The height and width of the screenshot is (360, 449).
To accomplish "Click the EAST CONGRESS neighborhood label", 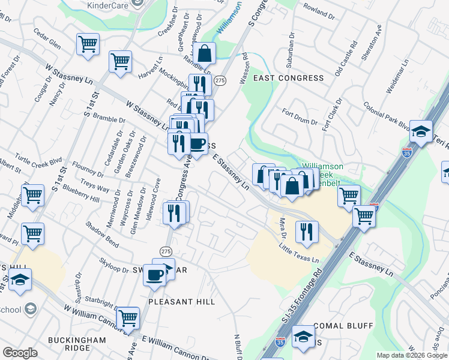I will (x=288, y=78).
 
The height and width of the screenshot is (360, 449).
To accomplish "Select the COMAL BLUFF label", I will (x=343, y=326).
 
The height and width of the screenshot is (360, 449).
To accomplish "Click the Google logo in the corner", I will (x=20, y=353).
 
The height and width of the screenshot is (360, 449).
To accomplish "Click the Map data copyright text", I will (x=411, y=355).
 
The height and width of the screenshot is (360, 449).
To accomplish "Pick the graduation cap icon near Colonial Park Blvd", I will (x=422, y=130).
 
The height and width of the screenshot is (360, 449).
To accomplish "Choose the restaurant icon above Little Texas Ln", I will (x=307, y=231).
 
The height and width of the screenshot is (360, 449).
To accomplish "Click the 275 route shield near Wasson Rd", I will (x=220, y=80).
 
